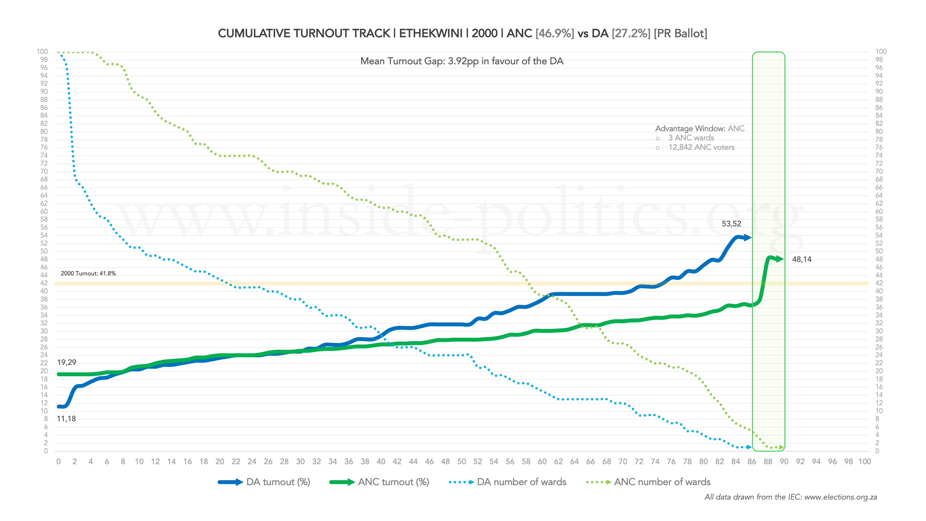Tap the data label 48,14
click(x=802, y=259)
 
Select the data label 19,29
click(x=67, y=362)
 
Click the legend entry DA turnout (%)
click(x=278, y=482)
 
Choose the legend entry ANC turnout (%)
click(x=393, y=482)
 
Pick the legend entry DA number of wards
click(x=521, y=482)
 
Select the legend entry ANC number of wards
click(x=662, y=482)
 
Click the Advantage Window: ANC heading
click(x=700, y=128)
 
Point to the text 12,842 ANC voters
click(x=701, y=147)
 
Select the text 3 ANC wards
click(x=691, y=138)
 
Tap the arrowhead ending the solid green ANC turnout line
click(x=780, y=259)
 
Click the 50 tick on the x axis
click(x=462, y=461)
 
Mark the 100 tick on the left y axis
click(x=42, y=51)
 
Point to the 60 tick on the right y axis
click(x=879, y=211)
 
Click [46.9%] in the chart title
click(x=554, y=33)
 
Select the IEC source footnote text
click(x=791, y=497)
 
